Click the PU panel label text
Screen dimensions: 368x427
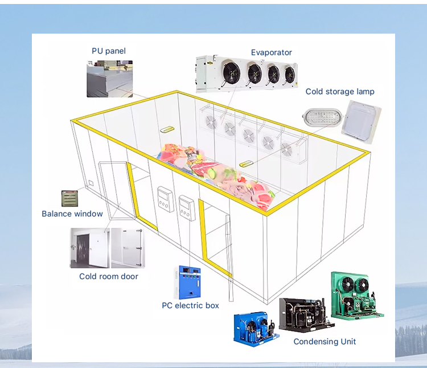(x=109, y=51)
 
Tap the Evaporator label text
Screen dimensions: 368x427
(x=271, y=53)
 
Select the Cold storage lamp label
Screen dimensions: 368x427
(x=340, y=92)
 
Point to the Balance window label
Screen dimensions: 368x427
(x=72, y=214)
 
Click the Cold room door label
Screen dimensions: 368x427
(x=108, y=276)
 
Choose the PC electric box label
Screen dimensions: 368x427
(x=190, y=306)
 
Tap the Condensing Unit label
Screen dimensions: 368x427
(x=325, y=341)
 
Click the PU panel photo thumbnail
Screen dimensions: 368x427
(x=109, y=79)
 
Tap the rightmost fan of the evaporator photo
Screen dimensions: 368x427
(x=290, y=74)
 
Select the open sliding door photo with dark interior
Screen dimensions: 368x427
(x=89, y=248)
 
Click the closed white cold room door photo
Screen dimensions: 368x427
(x=128, y=248)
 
